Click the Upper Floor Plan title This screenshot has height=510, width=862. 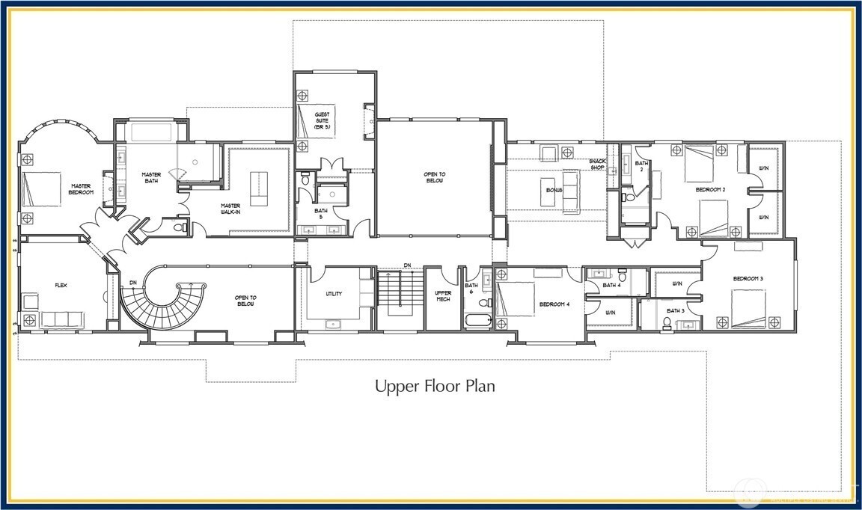[x=435, y=387]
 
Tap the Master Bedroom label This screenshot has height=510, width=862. [x=82, y=189]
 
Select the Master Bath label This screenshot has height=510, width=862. [x=152, y=178]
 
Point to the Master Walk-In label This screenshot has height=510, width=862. [x=230, y=209]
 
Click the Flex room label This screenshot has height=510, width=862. [x=61, y=285]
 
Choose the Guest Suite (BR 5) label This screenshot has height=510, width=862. [x=322, y=120]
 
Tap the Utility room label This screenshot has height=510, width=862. [x=334, y=294]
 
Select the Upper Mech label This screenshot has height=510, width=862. [x=443, y=295]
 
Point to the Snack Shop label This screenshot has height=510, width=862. [x=596, y=164]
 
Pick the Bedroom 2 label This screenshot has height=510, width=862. [x=710, y=190]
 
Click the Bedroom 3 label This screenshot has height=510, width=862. [x=748, y=278]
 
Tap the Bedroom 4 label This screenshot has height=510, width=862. [x=553, y=304]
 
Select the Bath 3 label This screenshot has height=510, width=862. [x=675, y=310]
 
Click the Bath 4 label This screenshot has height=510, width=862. [x=612, y=285]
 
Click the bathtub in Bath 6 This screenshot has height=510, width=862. [x=477, y=322]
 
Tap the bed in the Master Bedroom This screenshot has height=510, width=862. [x=41, y=189]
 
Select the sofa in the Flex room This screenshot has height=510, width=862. [x=63, y=320]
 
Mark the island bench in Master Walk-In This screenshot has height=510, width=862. [x=258, y=189]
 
